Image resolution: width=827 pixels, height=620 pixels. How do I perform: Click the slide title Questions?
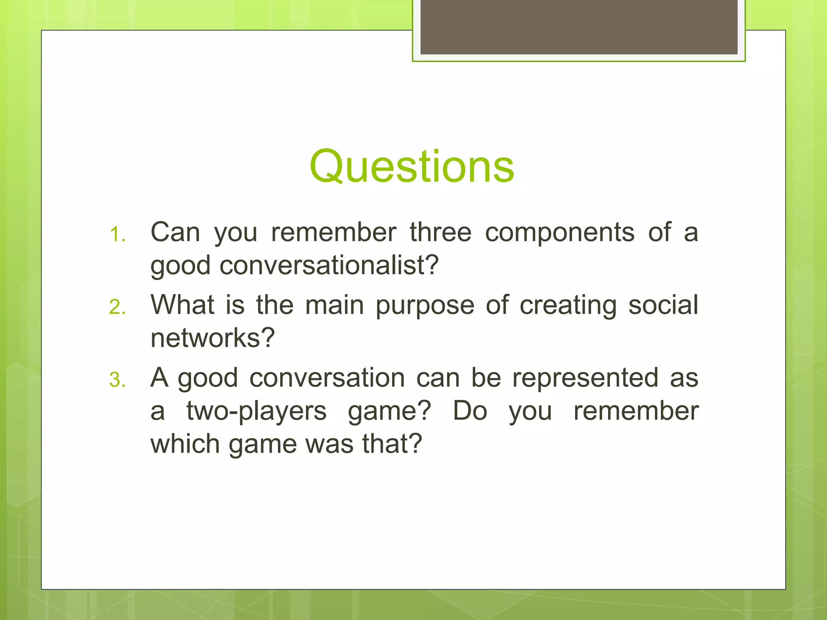(412, 167)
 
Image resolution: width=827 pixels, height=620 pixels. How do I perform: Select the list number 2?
(117, 308)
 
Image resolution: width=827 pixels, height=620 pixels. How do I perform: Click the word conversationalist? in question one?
(329, 266)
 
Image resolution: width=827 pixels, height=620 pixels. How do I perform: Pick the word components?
(560, 233)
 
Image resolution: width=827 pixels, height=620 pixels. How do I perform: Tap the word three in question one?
(441, 232)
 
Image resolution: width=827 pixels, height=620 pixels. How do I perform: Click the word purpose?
(425, 306)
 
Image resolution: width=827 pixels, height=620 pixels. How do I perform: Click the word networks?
(212, 338)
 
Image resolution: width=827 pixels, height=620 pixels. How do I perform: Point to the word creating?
(568, 306)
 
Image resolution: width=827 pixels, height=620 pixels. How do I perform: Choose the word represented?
(585, 378)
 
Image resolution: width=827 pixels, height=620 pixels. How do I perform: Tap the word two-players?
(256, 412)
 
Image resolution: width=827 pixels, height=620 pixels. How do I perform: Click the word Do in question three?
(470, 411)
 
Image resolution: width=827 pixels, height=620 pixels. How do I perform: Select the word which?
(185, 444)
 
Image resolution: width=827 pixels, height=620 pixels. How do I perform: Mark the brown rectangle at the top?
(579, 27)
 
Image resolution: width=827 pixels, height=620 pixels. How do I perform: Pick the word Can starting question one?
(175, 232)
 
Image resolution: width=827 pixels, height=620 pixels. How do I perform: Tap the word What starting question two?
(182, 305)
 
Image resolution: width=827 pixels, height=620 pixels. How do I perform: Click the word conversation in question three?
(327, 378)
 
